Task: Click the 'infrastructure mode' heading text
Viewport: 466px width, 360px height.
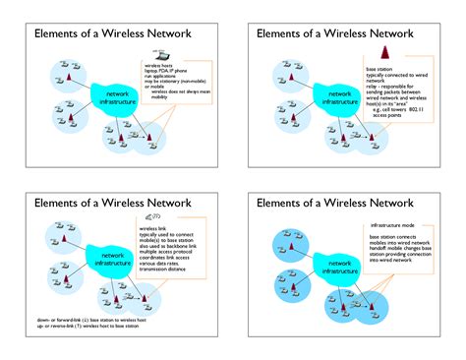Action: pos(392,226)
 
